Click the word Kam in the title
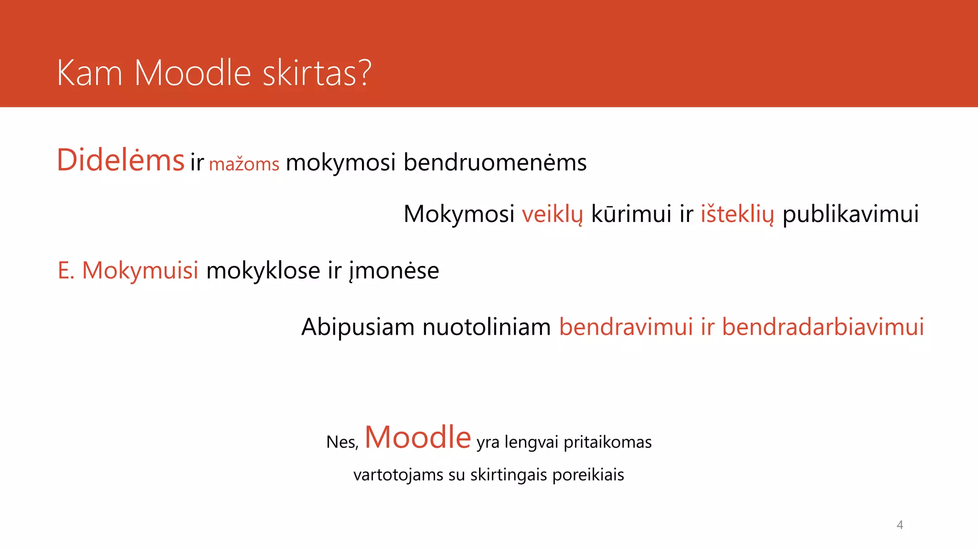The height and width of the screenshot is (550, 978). point(89,73)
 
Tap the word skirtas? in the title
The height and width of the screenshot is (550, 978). point(317,73)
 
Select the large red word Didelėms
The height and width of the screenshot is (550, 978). point(120,160)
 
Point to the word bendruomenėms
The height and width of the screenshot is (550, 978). point(495,163)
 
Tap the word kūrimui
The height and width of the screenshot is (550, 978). point(631,214)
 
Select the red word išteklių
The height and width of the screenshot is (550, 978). point(737,214)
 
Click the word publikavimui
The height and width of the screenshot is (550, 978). point(850,214)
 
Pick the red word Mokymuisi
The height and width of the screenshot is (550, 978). point(140,271)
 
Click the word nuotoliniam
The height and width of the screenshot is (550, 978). point(487,328)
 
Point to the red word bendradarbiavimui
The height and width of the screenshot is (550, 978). point(822,328)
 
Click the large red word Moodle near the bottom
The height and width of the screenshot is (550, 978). point(418,437)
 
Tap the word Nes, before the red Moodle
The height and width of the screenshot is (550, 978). point(342,443)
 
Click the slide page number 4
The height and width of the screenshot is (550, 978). point(900,525)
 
